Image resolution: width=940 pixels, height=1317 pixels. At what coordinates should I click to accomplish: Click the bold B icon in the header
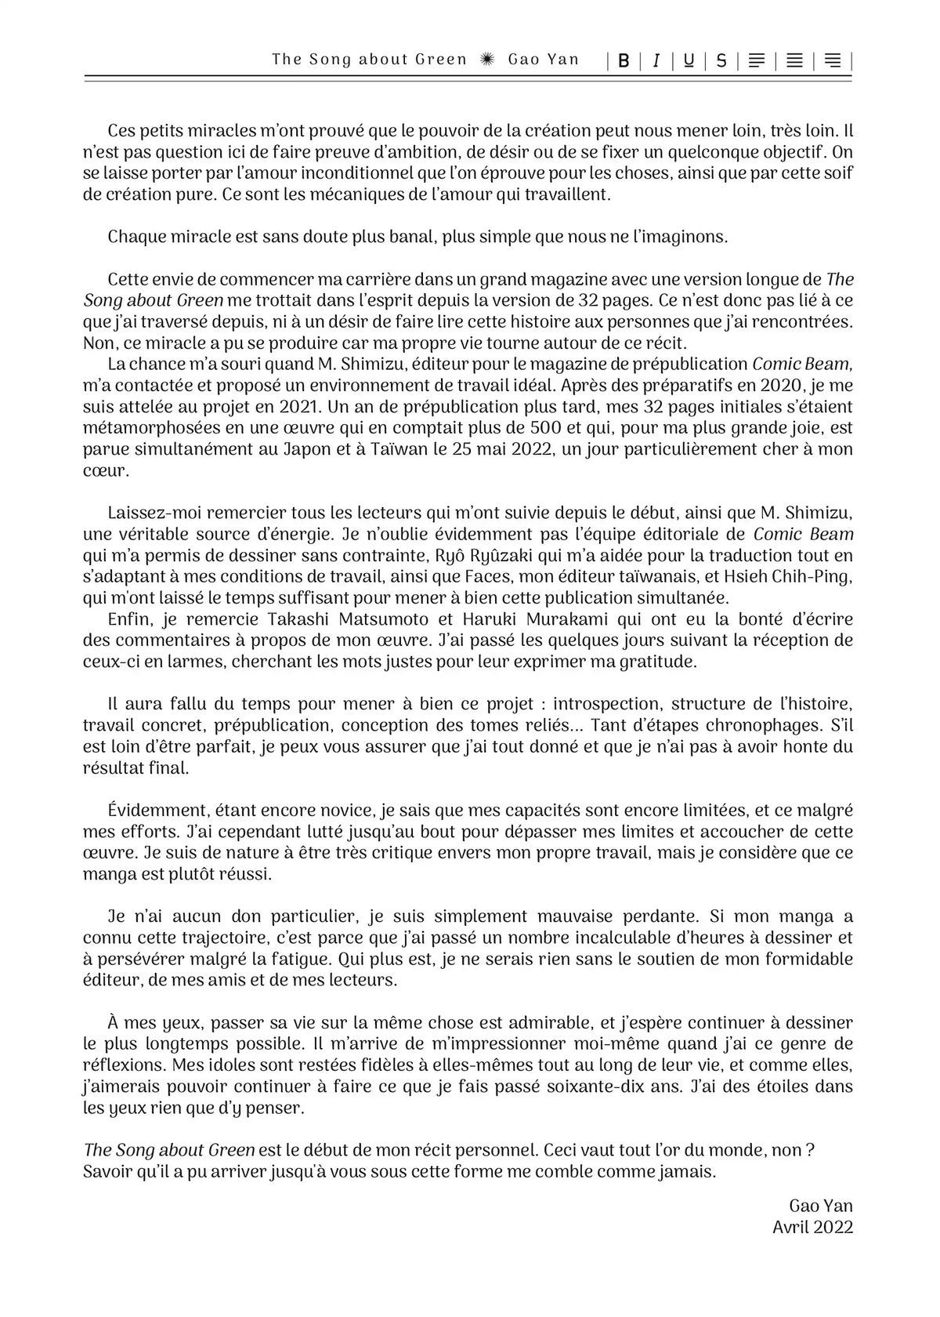pos(624,60)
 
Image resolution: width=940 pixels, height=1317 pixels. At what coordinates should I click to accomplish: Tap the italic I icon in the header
pos(656,60)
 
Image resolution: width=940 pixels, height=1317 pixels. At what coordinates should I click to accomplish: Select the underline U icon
pos(689,60)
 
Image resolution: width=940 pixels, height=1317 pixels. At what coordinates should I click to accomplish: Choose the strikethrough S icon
pos(721,60)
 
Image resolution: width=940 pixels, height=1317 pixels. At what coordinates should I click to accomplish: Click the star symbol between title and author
pos(487,60)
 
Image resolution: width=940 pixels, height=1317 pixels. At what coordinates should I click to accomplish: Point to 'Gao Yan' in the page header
pos(544,60)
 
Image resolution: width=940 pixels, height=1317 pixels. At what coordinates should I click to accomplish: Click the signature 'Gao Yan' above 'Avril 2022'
pos(821,1206)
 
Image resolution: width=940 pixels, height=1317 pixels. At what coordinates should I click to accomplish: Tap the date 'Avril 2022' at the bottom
pos(812,1227)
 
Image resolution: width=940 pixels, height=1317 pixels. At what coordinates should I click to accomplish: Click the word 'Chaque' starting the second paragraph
pos(136,236)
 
